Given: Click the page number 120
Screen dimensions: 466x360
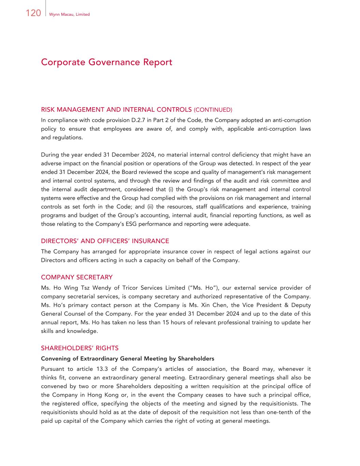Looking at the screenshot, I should (x=33, y=13).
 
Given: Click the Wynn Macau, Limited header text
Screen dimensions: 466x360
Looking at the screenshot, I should (x=69, y=14).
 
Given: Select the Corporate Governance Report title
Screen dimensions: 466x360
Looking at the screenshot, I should (x=106, y=62).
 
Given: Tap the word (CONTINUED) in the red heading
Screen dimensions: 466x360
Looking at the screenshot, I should (x=213, y=110).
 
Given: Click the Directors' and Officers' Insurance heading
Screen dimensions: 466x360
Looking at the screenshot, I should (x=105, y=241).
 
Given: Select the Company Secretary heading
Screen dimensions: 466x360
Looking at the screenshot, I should (x=76, y=277).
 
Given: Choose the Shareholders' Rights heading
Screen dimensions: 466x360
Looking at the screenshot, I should (x=80, y=348).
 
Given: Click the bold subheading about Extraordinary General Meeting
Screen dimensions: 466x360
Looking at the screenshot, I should (x=127, y=358).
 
